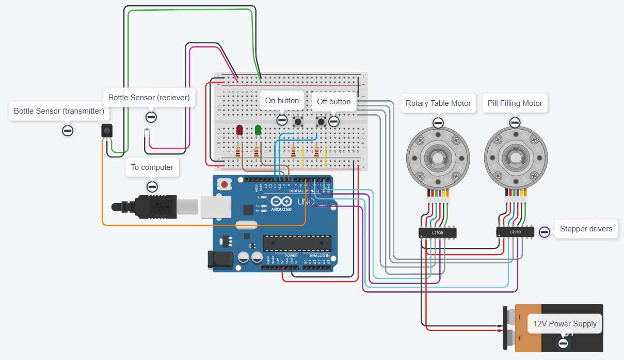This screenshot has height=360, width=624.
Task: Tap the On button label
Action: pos(282,101)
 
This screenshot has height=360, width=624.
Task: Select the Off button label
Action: pos(333,102)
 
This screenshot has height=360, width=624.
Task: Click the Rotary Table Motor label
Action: pos(438,103)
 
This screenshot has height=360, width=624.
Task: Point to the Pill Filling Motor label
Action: pos(515,103)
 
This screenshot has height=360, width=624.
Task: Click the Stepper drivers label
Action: pos(586,229)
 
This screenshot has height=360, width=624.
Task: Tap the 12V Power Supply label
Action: pos(564,324)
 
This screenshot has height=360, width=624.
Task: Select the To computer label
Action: pos(152,167)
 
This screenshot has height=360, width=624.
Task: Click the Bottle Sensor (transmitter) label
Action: pos(59,111)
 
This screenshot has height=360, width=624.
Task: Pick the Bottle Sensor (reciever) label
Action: pos(149,97)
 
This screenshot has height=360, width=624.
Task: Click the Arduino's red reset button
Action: pos(225,184)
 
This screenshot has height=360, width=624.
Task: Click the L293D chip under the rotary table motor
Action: pos(438,233)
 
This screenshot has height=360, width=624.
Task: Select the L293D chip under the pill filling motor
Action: pos(515,232)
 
